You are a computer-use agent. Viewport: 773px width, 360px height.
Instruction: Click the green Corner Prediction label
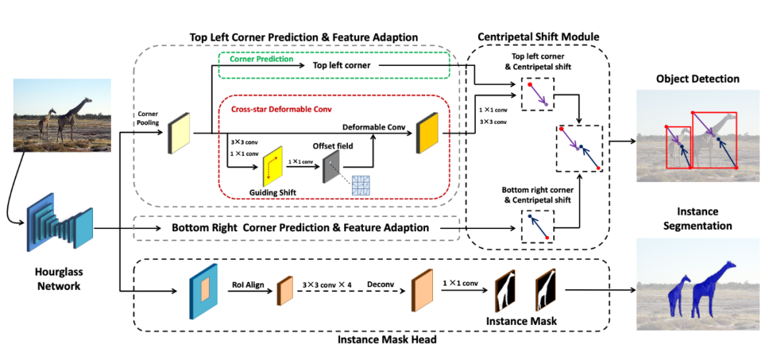pos(262,59)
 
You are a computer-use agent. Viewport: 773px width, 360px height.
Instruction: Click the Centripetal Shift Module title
pos(538,37)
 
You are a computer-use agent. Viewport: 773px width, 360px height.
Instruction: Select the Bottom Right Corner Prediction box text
pos(300,228)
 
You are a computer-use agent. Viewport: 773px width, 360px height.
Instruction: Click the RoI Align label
pos(247,285)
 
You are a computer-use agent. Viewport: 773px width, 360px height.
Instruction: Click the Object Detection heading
pos(697,79)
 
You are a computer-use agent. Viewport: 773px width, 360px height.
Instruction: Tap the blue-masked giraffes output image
pos(697,284)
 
